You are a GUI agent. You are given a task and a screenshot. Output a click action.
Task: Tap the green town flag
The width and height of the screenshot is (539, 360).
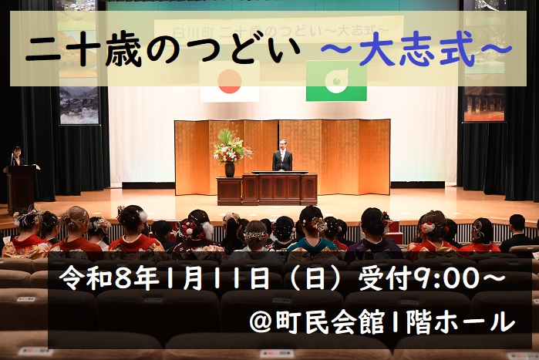tap(335, 82)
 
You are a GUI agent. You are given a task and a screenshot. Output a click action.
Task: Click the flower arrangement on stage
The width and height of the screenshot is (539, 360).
tap(231, 146)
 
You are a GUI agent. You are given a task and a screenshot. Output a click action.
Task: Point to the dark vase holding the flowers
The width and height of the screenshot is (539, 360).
tap(229, 170)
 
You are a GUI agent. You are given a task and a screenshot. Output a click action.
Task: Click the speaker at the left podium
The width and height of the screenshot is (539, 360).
tap(16, 157)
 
